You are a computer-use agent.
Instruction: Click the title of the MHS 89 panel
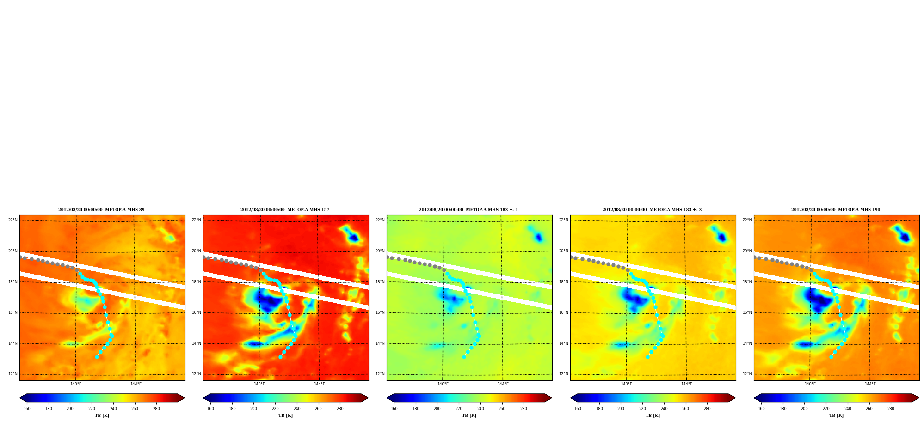pyautogui.click(x=101, y=210)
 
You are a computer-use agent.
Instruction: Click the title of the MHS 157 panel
pyautogui.click(x=285, y=210)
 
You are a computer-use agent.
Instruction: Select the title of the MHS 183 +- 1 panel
pyautogui.click(x=468, y=210)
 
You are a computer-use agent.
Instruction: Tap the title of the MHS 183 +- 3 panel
pyautogui.click(x=652, y=210)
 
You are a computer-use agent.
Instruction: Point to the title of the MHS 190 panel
pyautogui.click(x=836, y=210)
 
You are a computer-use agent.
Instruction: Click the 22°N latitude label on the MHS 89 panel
pyautogui.click(x=13, y=220)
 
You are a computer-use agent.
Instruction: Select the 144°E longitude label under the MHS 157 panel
pyautogui.click(x=320, y=384)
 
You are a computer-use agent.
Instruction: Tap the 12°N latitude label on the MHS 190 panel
pyautogui.click(x=747, y=374)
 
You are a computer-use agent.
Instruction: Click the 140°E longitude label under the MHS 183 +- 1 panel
pyautogui.click(x=443, y=384)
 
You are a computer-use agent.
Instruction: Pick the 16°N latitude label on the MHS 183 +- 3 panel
pyautogui.click(x=564, y=312)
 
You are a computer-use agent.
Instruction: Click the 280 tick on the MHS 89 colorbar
pyautogui.click(x=156, y=409)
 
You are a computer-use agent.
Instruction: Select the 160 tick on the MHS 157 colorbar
pyautogui.click(x=210, y=409)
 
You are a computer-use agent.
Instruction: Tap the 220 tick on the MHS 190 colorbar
pyautogui.click(x=826, y=409)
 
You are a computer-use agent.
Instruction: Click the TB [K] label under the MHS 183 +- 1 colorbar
pyautogui.click(x=469, y=416)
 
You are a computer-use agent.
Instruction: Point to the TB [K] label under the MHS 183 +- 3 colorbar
pyautogui.click(x=653, y=416)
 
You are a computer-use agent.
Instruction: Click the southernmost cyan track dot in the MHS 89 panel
pyautogui.click(x=97, y=357)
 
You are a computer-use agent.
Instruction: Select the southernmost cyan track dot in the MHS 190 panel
pyautogui.click(x=831, y=357)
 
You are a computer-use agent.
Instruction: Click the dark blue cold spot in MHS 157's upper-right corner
pyautogui.click(x=354, y=238)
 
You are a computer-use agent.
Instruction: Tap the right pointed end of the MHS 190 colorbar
pyautogui.click(x=919, y=398)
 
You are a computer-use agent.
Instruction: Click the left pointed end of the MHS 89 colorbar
pyautogui.click(x=19, y=398)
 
